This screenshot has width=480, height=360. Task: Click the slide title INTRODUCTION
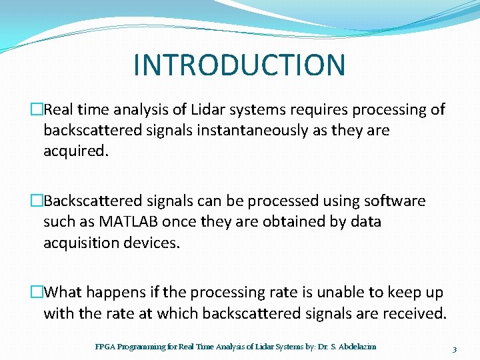pos(239,65)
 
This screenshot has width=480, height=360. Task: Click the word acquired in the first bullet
pos(74,151)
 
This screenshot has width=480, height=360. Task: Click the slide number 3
pos(454,349)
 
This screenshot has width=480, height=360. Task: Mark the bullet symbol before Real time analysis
pos(37,109)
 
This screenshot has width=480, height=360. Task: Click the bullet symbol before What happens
pos(37,292)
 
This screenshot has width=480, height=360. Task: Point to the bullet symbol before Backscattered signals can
pos(37,201)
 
